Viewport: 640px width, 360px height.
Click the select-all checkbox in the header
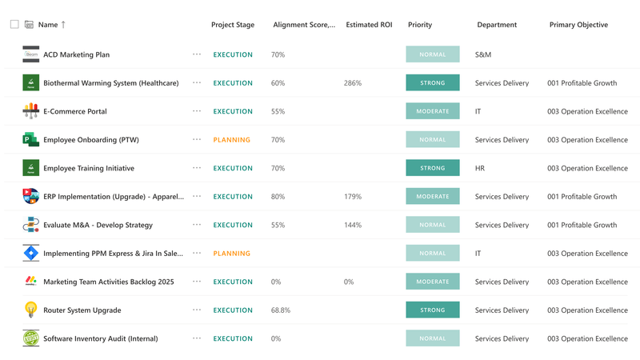(x=14, y=25)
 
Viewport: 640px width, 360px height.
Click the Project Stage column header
(x=233, y=25)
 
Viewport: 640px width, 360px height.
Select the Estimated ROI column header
(x=369, y=25)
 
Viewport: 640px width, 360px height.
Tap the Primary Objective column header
(x=578, y=25)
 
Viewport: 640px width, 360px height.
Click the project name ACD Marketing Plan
(x=77, y=55)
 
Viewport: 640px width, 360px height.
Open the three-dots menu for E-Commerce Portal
(x=197, y=112)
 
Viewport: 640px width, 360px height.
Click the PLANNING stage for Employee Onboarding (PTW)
(x=232, y=140)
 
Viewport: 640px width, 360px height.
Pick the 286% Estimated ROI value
(x=353, y=83)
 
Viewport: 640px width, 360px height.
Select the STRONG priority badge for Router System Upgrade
(x=433, y=310)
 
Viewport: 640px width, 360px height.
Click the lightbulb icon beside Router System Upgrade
(x=30, y=310)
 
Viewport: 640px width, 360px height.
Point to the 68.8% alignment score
(x=281, y=310)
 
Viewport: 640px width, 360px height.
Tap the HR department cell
(x=481, y=169)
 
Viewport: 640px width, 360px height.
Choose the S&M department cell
(x=483, y=55)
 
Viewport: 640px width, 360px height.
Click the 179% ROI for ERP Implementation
(x=353, y=197)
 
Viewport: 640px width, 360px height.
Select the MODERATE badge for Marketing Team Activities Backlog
(x=433, y=282)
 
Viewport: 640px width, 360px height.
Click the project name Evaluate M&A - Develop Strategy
(x=98, y=226)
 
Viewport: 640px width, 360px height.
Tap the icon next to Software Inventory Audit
(x=30, y=338)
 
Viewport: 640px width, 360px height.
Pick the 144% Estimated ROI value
(x=353, y=226)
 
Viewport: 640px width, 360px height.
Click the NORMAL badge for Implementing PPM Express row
(x=433, y=254)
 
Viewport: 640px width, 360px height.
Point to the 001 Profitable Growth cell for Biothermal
(x=582, y=83)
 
